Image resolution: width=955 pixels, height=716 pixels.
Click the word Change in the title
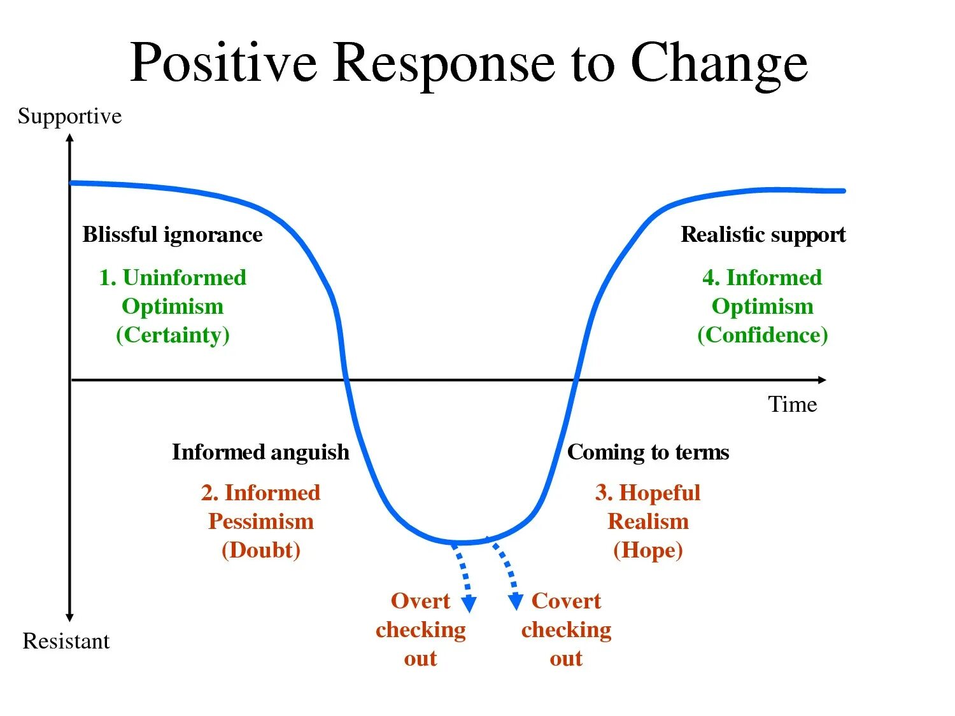[719, 64]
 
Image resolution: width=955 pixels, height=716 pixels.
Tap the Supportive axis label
[69, 116]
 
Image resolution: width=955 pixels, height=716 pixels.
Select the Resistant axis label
[66, 641]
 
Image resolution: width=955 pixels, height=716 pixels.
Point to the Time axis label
[792, 405]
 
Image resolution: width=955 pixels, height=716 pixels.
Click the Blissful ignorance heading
[173, 235]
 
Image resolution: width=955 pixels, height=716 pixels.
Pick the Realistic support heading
[763, 235]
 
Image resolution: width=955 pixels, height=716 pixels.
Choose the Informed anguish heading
[260, 453]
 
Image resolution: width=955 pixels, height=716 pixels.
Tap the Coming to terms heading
[647, 453]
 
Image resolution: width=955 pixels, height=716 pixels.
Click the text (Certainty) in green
[173, 335]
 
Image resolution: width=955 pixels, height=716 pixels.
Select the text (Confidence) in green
[763, 335]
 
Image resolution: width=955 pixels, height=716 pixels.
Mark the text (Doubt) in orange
[260, 550]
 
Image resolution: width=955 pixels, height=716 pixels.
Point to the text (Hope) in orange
[647, 550]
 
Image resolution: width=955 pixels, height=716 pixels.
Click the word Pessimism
[260, 522]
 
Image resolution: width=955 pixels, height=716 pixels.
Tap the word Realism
[647, 522]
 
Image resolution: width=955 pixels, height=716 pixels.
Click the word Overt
[420, 601]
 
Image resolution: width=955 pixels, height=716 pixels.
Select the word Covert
[566, 601]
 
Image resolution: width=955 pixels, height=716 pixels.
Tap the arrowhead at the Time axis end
[822, 380]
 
